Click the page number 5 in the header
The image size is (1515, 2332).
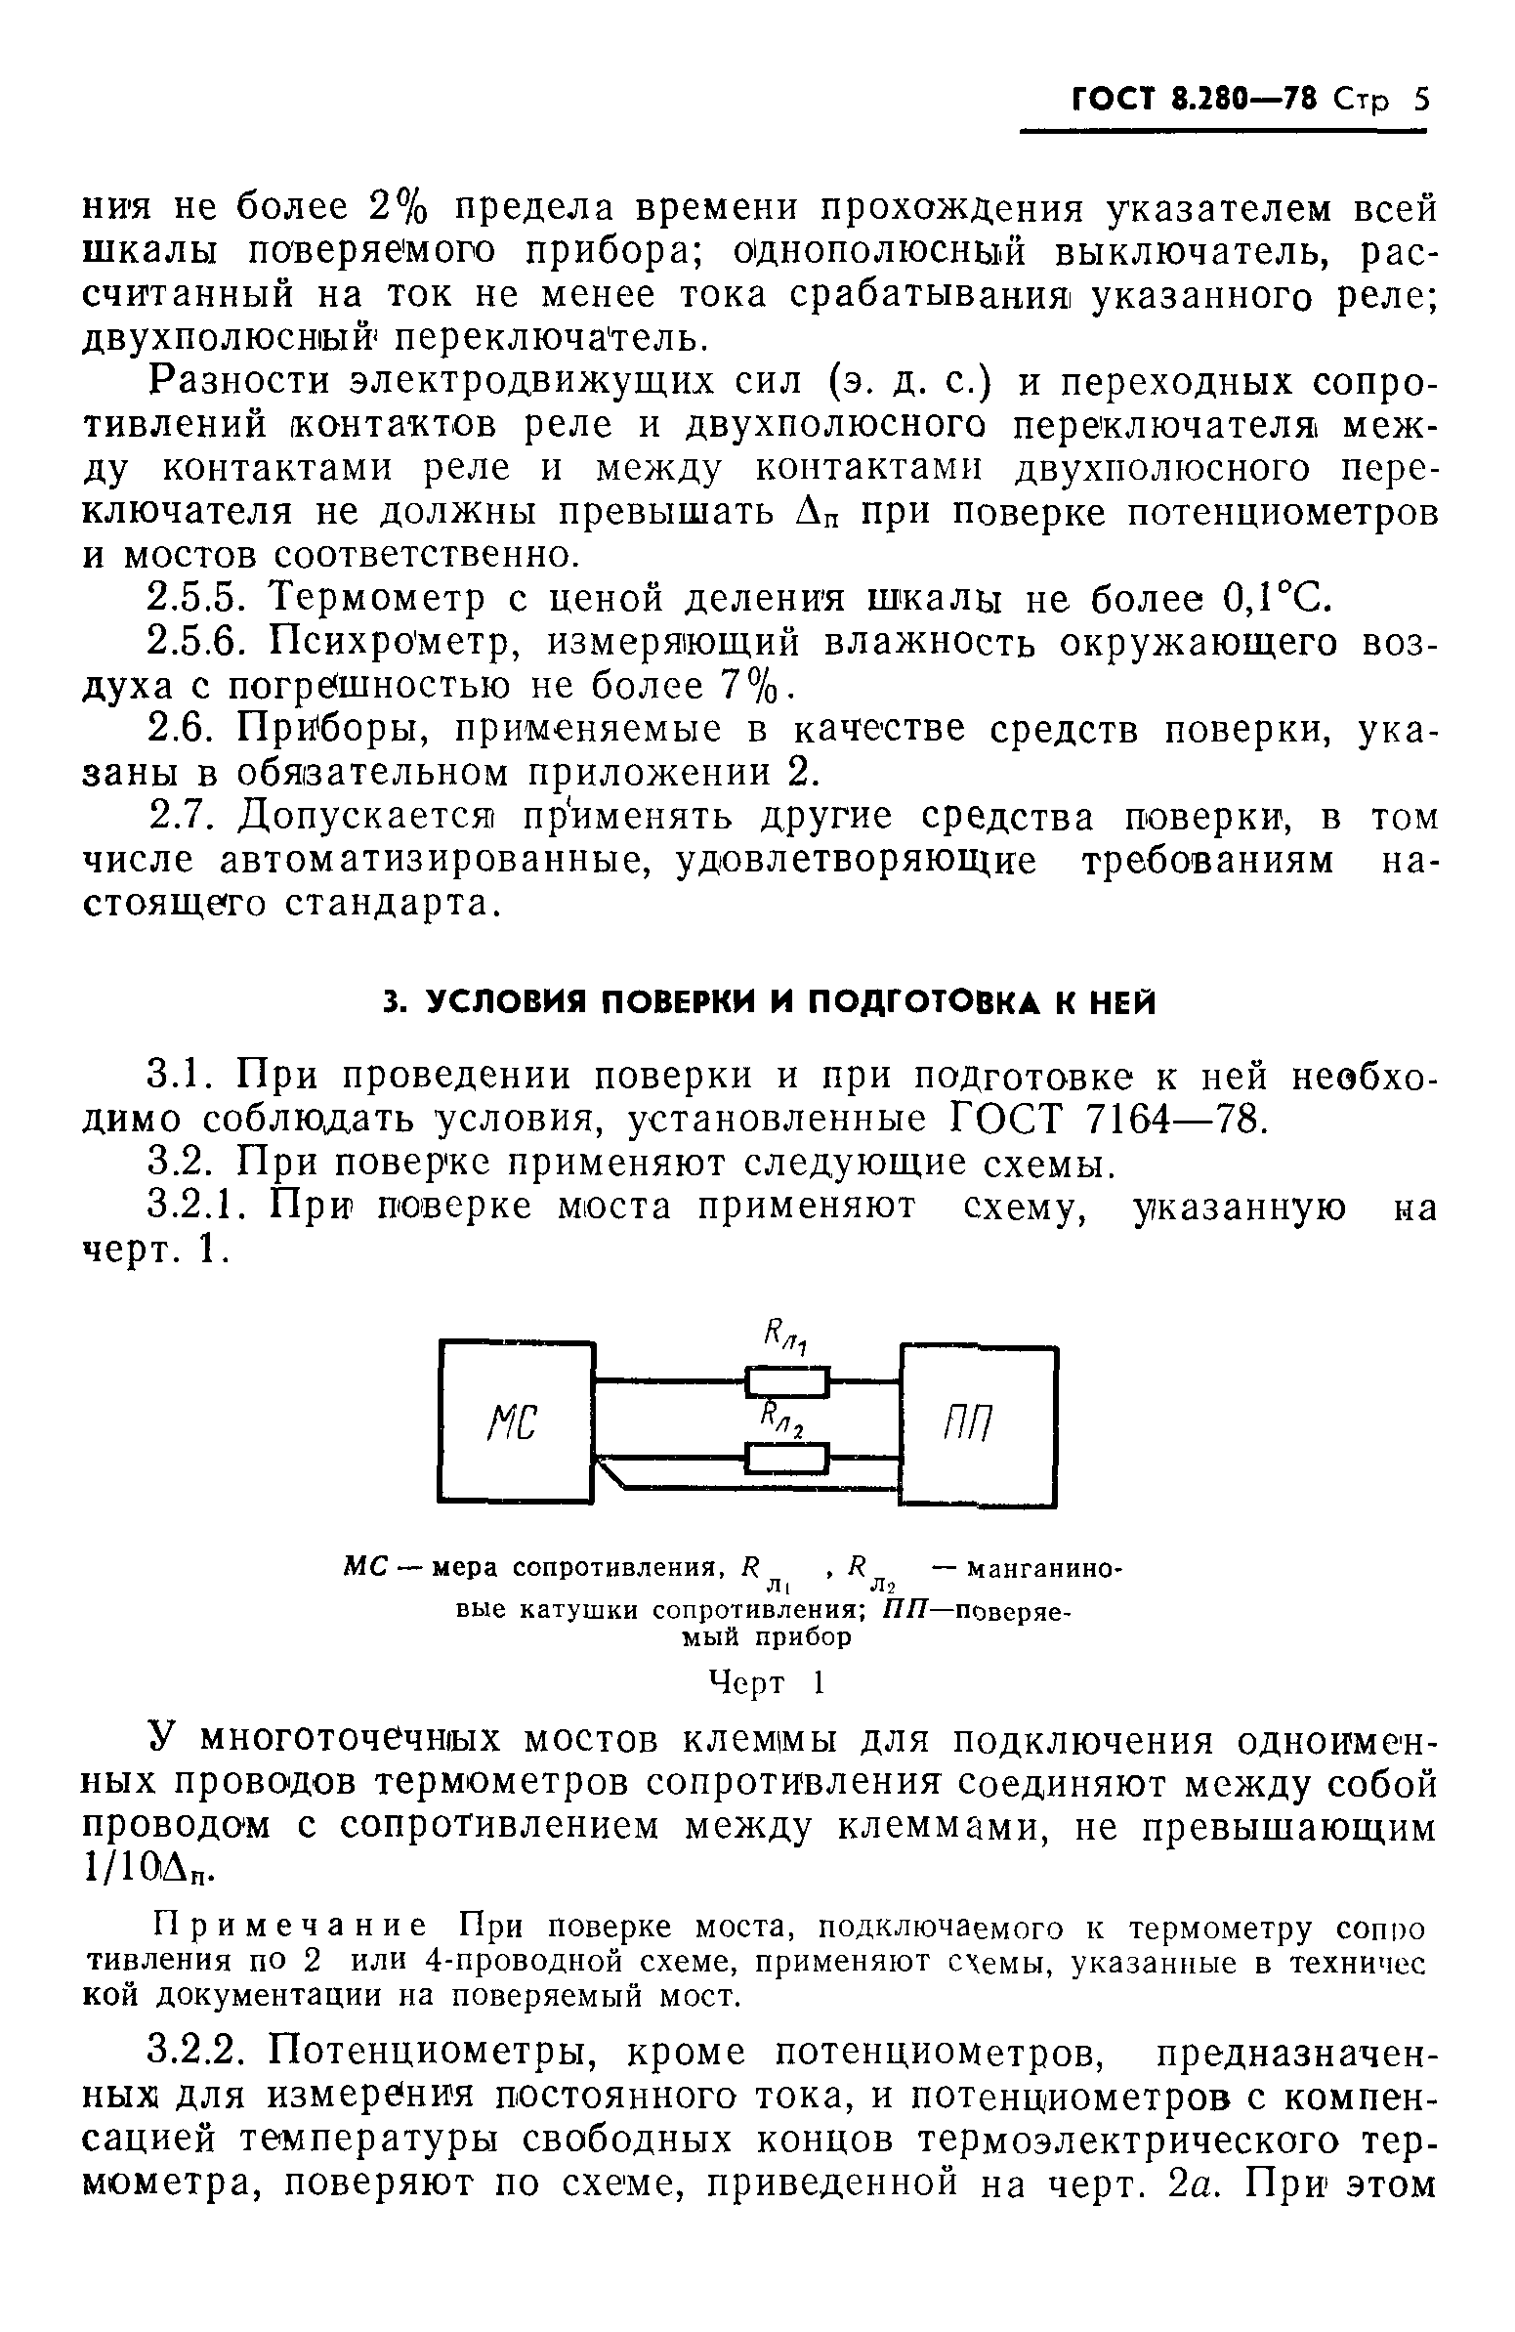point(1420,102)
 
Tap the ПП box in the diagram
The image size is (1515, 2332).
point(979,1425)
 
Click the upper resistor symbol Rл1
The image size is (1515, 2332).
point(788,1382)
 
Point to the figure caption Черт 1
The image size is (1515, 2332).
point(767,1682)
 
